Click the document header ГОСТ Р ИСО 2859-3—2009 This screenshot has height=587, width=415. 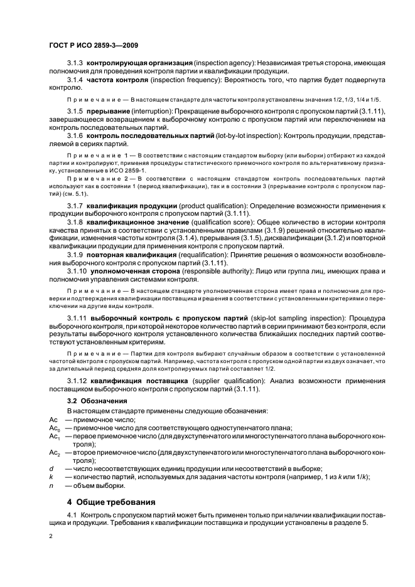pos(94,46)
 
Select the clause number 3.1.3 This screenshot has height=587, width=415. pos(75,64)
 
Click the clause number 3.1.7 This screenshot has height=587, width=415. pos(75,206)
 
